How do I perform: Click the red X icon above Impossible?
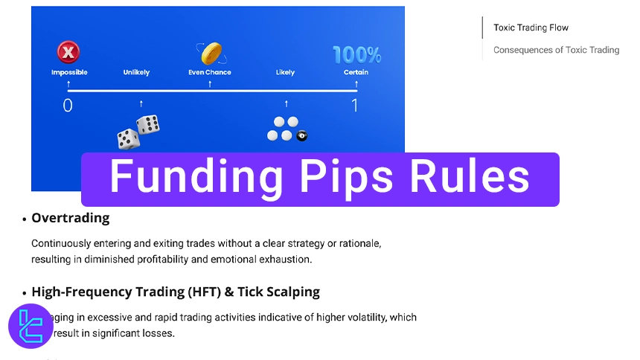coord(68,53)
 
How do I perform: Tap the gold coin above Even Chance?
coord(211,54)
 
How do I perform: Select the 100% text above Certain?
coord(356,54)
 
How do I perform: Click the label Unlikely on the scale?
coord(136,73)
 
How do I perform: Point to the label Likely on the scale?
coord(285,73)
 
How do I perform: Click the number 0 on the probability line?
coord(68,106)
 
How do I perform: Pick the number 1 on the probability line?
coord(355,106)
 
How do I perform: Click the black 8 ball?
coord(301,136)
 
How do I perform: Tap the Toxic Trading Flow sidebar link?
coord(531,28)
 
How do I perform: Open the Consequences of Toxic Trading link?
coord(556,51)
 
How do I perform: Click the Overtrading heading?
coord(71,219)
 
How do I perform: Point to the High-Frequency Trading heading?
coord(176,292)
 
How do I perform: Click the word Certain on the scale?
coord(356,73)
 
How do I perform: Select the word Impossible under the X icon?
coord(69,73)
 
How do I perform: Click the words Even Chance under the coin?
coord(210,73)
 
